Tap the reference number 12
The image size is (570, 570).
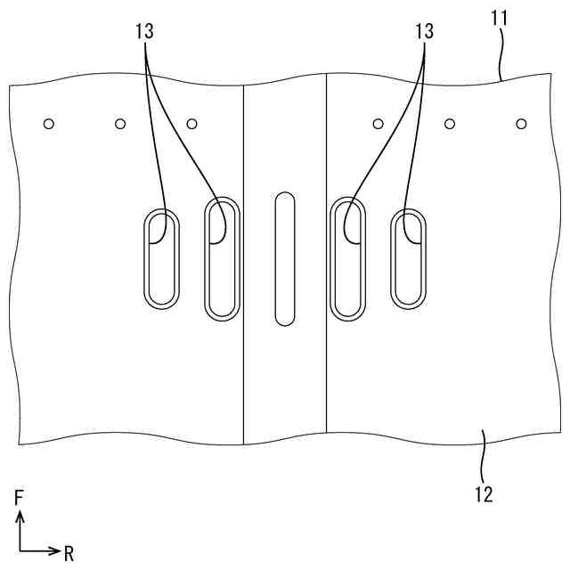[484, 493]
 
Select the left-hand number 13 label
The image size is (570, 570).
[144, 31]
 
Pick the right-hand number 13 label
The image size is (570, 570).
[424, 31]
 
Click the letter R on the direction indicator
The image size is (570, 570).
[69, 554]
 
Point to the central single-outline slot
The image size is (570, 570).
[284, 258]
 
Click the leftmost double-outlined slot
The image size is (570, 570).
[161, 260]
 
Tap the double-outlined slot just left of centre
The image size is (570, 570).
[223, 258]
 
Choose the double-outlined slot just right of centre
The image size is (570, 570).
[347, 258]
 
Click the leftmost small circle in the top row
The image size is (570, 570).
[49, 123]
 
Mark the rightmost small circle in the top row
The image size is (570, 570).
[521, 123]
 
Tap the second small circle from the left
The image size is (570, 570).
[120, 123]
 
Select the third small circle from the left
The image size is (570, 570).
[191, 123]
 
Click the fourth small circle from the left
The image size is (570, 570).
[378, 123]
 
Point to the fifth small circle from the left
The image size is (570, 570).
[450, 123]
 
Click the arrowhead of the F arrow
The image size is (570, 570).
[20, 516]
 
